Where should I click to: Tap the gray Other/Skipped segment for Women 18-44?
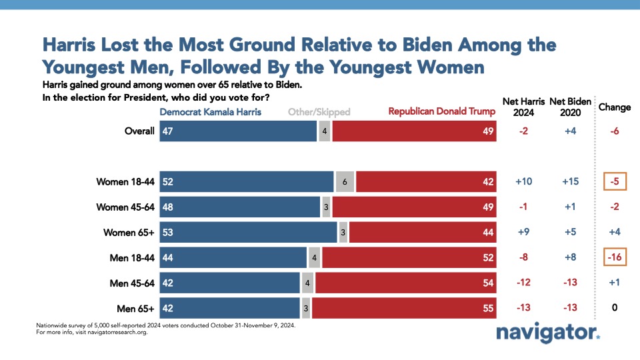(345, 182)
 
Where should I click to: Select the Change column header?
(614, 107)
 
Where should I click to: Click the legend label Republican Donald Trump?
(442, 112)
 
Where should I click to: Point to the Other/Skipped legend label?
(319, 112)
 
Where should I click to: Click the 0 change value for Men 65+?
(614, 309)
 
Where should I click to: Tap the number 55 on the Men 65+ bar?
(487, 309)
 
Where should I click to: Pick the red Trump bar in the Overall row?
(413, 131)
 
